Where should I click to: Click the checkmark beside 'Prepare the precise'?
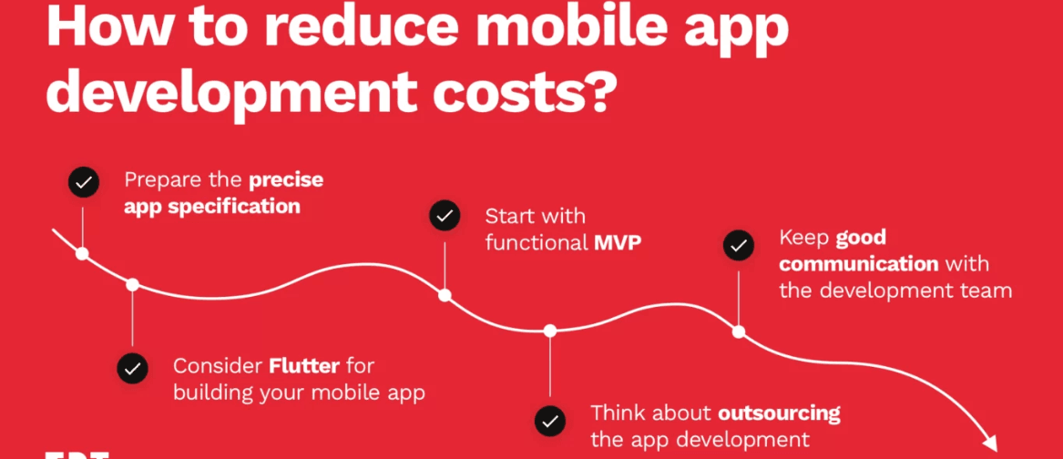pos(84,182)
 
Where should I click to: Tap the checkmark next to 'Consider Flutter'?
pos(133,368)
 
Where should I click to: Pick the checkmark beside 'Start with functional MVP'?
pos(445,217)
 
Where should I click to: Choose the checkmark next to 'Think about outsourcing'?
pos(550,420)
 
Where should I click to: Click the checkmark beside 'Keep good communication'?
pos(739,245)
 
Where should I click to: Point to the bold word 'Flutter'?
pos(304,366)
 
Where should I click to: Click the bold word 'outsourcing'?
pos(779,413)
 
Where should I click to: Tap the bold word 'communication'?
pos(858,264)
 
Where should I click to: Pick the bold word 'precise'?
pos(285,179)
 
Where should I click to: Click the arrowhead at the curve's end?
pos(988,442)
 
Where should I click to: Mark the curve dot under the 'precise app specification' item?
pos(83,253)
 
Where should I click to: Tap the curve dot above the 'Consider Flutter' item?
pos(133,285)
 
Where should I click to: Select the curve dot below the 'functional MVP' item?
pos(445,295)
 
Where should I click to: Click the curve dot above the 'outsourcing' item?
pos(550,331)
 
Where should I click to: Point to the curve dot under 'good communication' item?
pos(739,331)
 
